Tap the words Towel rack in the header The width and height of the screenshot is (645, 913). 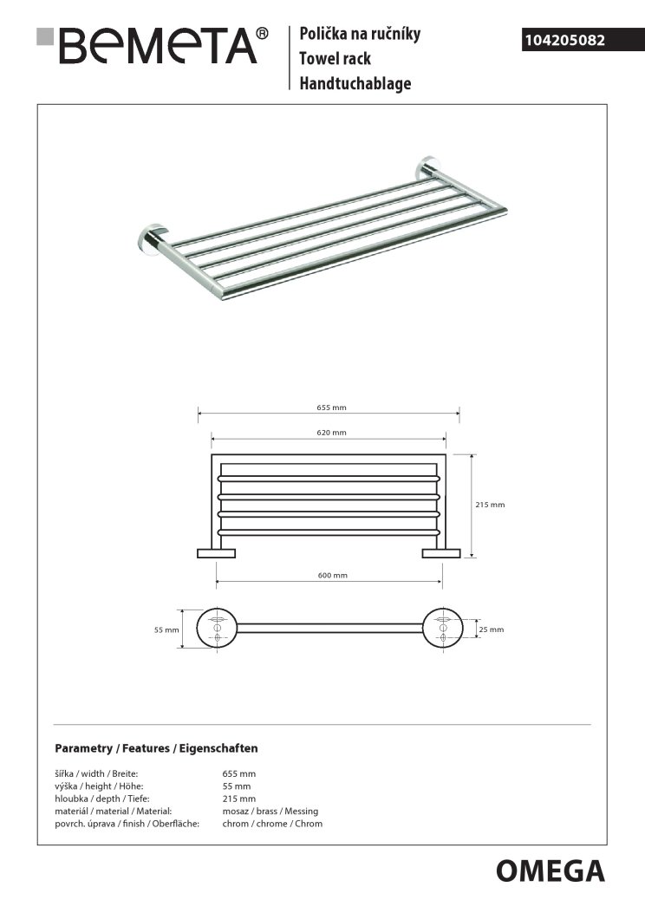click(334, 59)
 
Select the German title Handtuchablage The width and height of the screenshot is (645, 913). click(355, 84)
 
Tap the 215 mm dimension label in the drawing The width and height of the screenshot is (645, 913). click(491, 505)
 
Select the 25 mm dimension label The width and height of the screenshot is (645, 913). click(491, 630)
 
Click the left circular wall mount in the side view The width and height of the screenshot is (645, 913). click(215, 629)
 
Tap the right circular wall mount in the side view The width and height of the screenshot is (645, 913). click(443, 629)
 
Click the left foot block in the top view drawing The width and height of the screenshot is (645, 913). click(216, 553)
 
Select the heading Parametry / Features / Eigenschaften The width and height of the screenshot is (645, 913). click(156, 747)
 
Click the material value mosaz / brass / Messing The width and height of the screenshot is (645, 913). click(270, 811)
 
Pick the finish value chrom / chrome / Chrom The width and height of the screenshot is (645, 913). click(272, 824)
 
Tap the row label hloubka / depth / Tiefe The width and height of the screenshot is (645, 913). click(96, 799)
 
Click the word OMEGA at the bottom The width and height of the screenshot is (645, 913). click(550, 870)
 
